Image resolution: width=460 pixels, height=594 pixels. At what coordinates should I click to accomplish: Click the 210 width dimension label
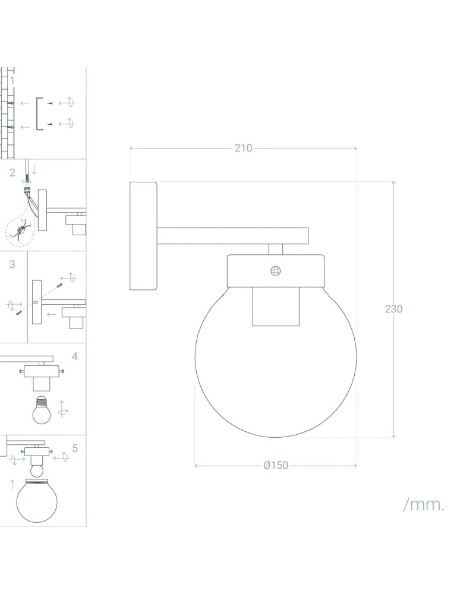pos(243,148)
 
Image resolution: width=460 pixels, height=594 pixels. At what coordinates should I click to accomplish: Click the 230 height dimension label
pos(393,309)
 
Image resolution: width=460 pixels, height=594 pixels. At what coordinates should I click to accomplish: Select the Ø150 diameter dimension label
pos(275,465)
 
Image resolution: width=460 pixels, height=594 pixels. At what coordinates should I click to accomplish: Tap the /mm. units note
pos(424,505)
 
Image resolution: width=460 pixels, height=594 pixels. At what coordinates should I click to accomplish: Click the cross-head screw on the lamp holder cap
pos(276,271)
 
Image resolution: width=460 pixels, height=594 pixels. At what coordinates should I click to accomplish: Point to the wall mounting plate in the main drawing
pos(143,236)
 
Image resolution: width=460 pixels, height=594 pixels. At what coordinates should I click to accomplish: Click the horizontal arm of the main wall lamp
pos(232,236)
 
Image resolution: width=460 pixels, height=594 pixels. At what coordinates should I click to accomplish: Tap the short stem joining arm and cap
pos(275,249)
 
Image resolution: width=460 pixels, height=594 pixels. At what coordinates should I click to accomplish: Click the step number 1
pos(12,80)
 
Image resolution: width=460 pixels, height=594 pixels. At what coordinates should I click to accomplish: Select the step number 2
pos(12,173)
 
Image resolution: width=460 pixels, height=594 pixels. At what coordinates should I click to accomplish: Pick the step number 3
pos(12,265)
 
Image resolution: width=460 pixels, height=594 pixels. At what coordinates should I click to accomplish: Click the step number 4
pos(74,356)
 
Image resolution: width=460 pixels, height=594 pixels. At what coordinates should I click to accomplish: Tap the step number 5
pos(75,448)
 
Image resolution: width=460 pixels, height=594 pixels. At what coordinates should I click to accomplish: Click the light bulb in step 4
pos(42,410)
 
